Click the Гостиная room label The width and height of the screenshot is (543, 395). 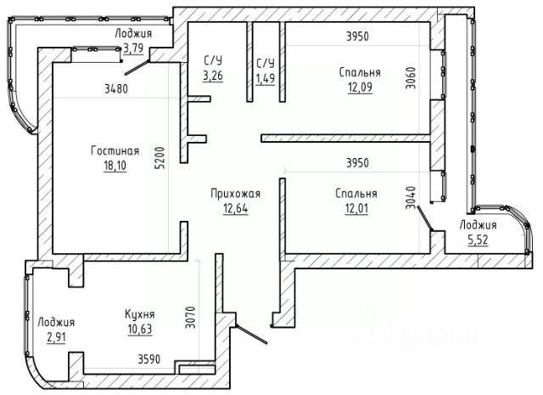tap(115, 151)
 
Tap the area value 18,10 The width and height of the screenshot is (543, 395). tap(115, 166)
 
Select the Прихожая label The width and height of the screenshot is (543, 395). tap(236, 194)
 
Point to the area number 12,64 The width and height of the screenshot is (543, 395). tap(236, 208)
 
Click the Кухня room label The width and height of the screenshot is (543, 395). tap(140, 314)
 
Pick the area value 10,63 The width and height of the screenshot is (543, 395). tap(140, 329)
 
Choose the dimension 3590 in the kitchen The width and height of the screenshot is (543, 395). tap(149, 359)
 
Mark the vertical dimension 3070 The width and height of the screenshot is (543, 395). tap(190, 318)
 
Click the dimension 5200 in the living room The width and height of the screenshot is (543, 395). tap(160, 158)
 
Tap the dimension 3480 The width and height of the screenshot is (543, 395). tap(116, 89)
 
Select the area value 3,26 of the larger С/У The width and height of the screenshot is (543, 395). tap(213, 76)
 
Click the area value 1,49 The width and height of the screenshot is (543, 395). tap(266, 78)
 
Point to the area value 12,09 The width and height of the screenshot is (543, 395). tap(360, 87)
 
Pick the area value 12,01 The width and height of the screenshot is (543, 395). tap(356, 208)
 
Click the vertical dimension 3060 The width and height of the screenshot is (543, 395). tap(411, 77)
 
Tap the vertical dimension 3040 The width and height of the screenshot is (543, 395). tap(411, 198)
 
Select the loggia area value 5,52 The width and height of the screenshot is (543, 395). tap(479, 240)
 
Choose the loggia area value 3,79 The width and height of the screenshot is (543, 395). tap(133, 48)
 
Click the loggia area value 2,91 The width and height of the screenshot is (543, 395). tap(57, 336)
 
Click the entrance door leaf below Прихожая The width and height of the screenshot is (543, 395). tap(251, 335)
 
